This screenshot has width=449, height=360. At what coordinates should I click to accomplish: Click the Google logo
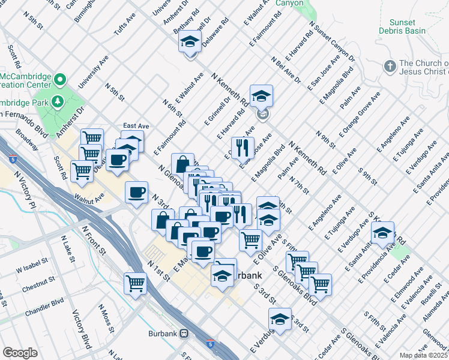pyautogui.click(x=20, y=353)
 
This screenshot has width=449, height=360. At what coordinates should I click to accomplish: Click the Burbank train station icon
pyautogui.click(x=185, y=333)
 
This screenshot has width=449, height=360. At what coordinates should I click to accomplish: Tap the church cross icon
pyautogui.click(x=390, y=65)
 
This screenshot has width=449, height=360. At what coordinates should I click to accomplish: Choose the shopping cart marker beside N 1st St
pyautogui.click(x=136, y=282)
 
